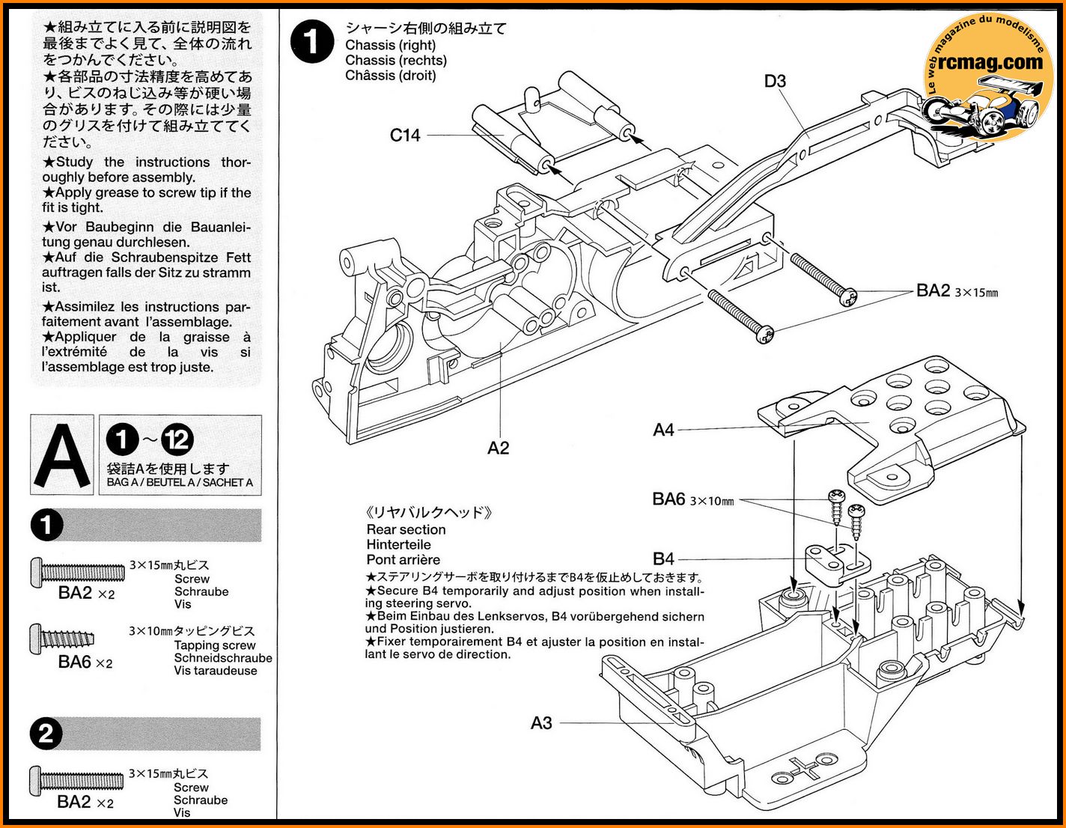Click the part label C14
405,136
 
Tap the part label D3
775,81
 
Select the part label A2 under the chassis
498,448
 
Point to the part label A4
663,430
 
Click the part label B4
663,558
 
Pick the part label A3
541,722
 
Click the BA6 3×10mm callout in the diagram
692,499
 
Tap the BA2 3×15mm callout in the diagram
956,291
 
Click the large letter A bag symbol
62,455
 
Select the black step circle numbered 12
177,439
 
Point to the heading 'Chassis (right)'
390,45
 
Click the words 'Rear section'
406,529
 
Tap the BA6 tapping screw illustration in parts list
63,639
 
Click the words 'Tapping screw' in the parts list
215,645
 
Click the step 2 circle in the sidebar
46,734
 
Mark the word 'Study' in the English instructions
75,162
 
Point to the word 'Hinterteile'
398,544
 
